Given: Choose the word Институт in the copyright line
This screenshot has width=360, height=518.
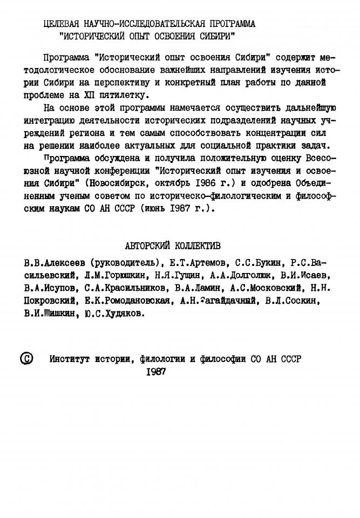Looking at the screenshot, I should (71, 359).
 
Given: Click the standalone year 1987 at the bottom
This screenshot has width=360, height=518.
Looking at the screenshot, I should (157, 371).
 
